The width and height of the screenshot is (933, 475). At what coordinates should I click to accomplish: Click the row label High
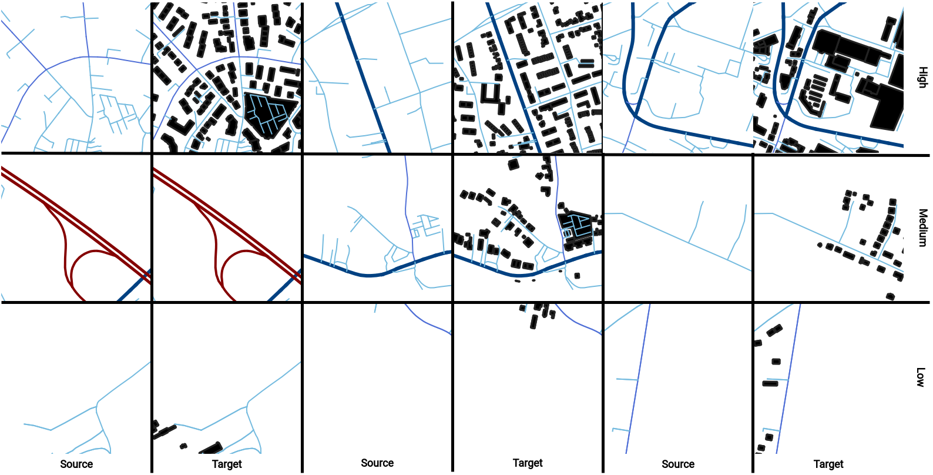click(x=922, y=77)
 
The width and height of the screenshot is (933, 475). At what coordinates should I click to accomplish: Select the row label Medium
click(x=922, y=228)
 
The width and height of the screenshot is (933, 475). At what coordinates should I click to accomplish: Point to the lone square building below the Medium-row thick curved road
click(x=577, y=276)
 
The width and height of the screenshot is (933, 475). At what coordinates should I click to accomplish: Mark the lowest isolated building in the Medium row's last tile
click(x=890, y=296)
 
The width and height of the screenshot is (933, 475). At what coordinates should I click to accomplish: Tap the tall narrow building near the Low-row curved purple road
click(x=534, y=322)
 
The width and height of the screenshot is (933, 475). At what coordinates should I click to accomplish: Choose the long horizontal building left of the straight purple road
click(x=770, y=384)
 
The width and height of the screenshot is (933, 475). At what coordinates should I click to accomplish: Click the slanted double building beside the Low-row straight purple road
click(x=774, y=330)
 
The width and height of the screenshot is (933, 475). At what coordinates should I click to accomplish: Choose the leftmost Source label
click(x=76, y=464)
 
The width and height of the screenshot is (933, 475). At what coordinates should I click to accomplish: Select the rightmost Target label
click(x=828, y=464)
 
